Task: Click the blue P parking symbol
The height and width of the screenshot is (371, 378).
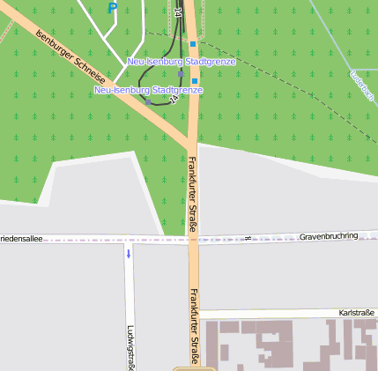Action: pos(112,8)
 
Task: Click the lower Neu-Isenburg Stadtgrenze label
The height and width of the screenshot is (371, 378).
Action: pos(148,90)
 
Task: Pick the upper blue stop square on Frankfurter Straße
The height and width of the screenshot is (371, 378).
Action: pos(193,43)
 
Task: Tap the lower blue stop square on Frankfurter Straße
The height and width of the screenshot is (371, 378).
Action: pos(195,80)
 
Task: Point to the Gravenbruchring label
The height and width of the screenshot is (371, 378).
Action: pos(329,236)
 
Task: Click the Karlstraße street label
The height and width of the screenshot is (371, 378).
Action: pos(356,313)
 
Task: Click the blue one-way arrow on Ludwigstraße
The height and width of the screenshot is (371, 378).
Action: pos(129,254)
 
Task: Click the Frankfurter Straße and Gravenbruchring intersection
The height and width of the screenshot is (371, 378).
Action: pos(193,239)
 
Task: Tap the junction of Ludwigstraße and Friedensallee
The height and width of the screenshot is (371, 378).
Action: pos(129,239)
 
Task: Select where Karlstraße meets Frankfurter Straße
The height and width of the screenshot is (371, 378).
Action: pos(195,313)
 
